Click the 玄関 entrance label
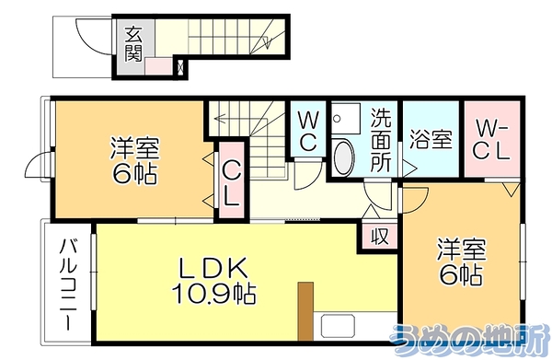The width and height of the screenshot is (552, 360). (133, 43)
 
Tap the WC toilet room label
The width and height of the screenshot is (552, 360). (307, 131)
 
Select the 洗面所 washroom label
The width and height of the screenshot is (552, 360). (381, 140)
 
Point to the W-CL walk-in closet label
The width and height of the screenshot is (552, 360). (491, 140)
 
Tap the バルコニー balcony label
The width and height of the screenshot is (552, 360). (68, 285)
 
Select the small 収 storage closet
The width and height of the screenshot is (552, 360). (380, 237)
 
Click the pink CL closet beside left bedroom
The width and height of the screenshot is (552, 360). (232, 180)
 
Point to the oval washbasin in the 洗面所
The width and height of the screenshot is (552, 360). (343, 157)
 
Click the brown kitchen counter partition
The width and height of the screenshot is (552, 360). (305, 311)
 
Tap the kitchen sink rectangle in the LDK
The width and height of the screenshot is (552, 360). (338, 326)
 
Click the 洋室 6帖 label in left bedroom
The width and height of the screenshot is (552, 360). (134, 160)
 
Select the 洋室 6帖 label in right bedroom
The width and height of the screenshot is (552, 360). (461, 261)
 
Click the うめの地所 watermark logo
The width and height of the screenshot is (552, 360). (470, 339)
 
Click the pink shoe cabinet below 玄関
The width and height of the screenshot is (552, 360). (158, 66)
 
